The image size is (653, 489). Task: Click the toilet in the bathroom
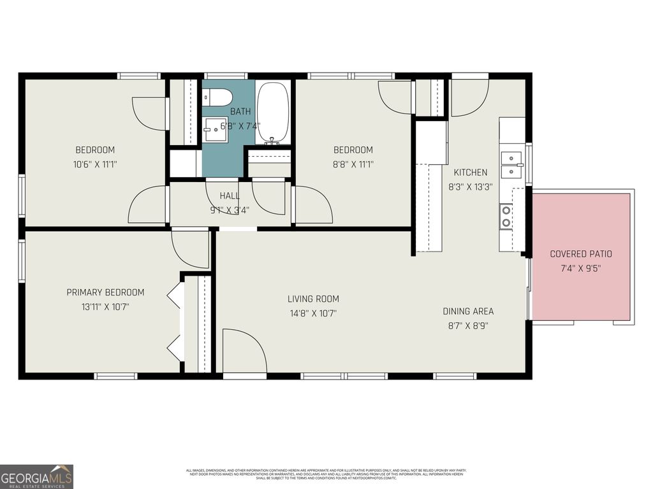click(x=216, y=97)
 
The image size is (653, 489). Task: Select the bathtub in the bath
click(x=273, y=112)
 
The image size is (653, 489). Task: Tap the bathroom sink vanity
click(x=215, y=130)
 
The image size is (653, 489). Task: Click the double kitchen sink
click(x=511, y=164)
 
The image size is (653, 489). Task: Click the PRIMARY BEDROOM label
click(x=105, y=292)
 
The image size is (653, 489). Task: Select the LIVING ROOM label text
click(x=313, y=299)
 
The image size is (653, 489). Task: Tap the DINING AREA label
click(x=468, y=311)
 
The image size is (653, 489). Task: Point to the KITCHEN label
click(x=471, y=173)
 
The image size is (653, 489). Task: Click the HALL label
click(x=230, y=195)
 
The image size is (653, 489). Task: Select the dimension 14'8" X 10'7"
click(x=312, y=313)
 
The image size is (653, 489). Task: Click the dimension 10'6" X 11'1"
click(x=95, y=164)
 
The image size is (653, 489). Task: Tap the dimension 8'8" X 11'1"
click(x=353, y=164)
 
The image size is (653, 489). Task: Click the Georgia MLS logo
click(x=37, y=476)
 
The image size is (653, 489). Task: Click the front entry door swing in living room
click(x=244, y=351)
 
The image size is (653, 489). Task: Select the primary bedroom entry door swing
click(x=190, y=249)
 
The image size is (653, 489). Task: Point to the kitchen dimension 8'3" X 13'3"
click(x=471, y=187)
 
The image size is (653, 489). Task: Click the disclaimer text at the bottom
click(x=326, y=474)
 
